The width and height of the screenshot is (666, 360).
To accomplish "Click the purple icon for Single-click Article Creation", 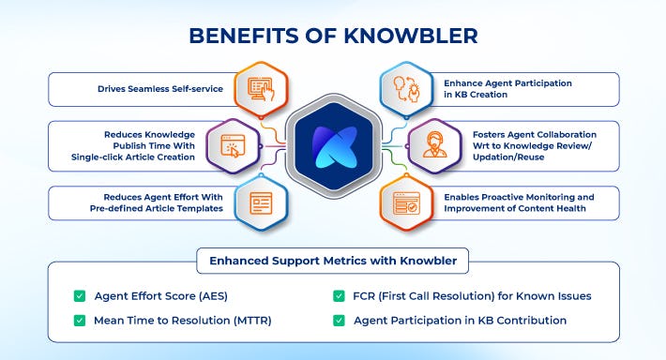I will pyautogui.click(x=233, y=144).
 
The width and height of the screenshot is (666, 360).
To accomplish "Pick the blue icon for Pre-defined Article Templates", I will pyautogui.click(x=260, y=202).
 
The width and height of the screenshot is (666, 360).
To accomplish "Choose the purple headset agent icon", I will pyautogui.click(x=434, y=144).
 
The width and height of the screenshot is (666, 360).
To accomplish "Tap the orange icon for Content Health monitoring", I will pyautogui.click(x=406, y=202).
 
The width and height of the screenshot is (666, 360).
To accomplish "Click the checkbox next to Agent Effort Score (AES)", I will pyautogui.click(x=80, y=296).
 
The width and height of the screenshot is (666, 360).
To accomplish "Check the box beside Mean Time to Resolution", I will pyautogui.click(x=80, y=321).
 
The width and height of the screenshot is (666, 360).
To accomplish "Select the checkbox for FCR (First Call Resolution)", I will pyautogui.click(x=339, y=296).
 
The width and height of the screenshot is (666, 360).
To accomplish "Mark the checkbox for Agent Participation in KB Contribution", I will pyautogui.click(x=339, y=321).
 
